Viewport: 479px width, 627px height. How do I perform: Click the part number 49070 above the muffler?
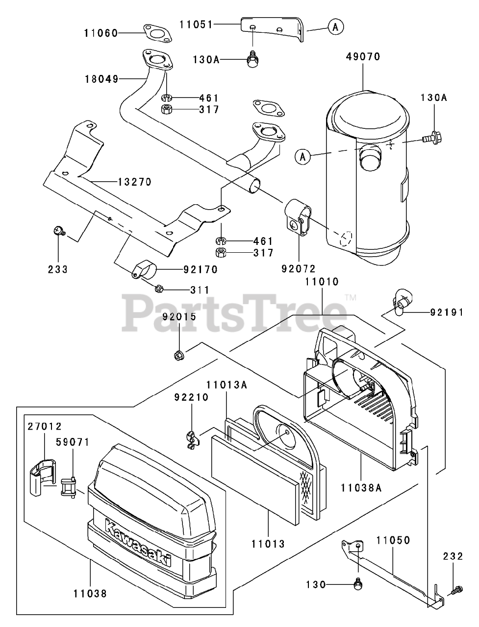click(363, 56)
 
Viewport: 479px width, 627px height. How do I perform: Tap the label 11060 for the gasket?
click(101, 33)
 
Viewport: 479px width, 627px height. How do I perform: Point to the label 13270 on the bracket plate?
click(134, 182)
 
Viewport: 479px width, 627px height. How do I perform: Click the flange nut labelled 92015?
click(179, 355)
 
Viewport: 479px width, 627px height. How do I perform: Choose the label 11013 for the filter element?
click(269, 543)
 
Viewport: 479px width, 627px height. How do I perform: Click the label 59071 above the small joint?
click(72, 442)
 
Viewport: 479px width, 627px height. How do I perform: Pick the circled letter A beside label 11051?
click(335, 27)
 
